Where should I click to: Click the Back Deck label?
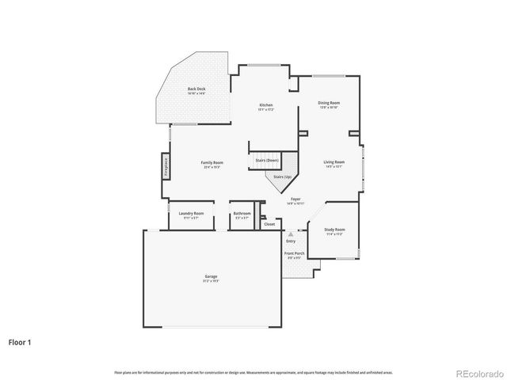point(196,89)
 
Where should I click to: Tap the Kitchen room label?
point(266,105)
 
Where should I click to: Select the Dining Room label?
point(330,102)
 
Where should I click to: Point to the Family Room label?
point(212,162)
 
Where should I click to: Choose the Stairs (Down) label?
point(266,161)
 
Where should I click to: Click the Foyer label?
point(295,199)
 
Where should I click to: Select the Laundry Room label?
point(191,213)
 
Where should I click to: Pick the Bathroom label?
point(242,213)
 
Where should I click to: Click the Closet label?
point(269,224)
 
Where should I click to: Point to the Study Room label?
point(334,230)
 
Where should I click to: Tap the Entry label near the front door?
point(291,241)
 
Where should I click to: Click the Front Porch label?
point(294,253)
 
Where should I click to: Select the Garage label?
point(212,276)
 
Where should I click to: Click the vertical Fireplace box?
point(166,168)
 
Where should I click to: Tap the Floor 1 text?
point(20,342)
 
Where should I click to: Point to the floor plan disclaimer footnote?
point(253,372)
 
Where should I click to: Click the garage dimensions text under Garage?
point(212,281)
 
